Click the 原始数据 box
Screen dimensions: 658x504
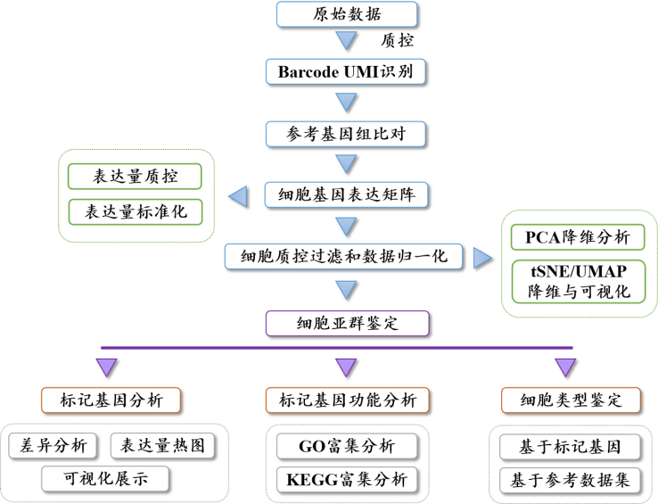[347, 14]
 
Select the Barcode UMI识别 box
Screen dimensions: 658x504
[346, 72]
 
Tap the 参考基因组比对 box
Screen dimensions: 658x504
[346, 134]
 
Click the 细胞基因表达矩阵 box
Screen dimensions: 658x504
[346, 194]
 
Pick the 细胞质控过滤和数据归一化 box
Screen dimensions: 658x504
[343, 256]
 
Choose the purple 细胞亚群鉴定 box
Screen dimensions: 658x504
[348, 324]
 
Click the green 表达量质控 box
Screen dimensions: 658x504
[135, 177]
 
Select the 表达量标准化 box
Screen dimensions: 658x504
[136, 211]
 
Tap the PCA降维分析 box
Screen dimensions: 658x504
[578, 237]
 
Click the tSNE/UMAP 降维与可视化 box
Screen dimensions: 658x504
[579, 281]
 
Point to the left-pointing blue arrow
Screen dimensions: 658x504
[238, 196]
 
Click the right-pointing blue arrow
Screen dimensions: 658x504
[482, 258]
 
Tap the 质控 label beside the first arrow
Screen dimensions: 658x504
[397, 40]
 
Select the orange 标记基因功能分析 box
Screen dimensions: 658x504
[348, 401]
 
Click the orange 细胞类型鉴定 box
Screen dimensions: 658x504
[572, 401]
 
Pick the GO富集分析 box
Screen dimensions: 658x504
[347, 446]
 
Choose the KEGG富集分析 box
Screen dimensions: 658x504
[347, 480]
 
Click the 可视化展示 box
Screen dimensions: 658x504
[105, 479]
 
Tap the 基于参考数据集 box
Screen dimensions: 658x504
[571, 481]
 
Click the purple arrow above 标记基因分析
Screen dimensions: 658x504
[107, 368]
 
